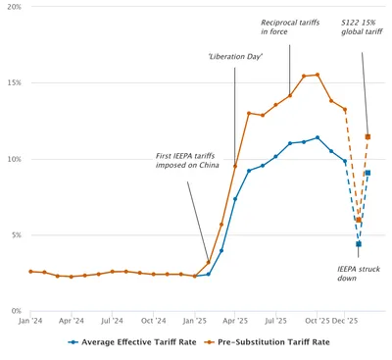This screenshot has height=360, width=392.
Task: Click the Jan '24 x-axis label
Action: [30, 321]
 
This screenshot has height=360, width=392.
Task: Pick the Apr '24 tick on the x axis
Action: [71, 321]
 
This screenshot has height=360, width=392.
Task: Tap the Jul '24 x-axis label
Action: [112, 321]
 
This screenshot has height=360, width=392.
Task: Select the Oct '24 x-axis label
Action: [153, 321]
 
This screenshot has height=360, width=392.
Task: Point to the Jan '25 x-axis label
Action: [194, 321]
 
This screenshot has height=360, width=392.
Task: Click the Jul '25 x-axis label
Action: [275, 321]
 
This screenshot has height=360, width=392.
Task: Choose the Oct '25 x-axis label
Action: [317, 321]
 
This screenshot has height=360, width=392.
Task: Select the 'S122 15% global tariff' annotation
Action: [362, 26]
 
